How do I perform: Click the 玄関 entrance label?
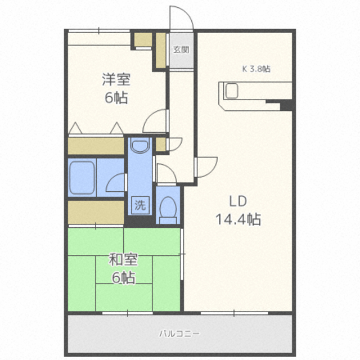pos(181,49)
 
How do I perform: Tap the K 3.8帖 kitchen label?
pos(256,69)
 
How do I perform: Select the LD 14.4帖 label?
pos(238,210)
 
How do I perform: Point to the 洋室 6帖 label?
pos(116,88)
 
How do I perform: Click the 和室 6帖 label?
pos(123,268)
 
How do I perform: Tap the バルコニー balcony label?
pos(180,334)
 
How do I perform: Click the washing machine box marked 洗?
pos(140,205)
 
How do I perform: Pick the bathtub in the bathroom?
pos(82,178)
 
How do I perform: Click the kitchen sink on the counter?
pos(231,91)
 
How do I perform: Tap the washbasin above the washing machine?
pos(140,145)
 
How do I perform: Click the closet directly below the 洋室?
pos(96,146)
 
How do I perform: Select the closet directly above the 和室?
pos(96,213)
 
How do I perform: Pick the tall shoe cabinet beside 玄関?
pos(161,51)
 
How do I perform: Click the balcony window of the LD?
pos(234,313)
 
